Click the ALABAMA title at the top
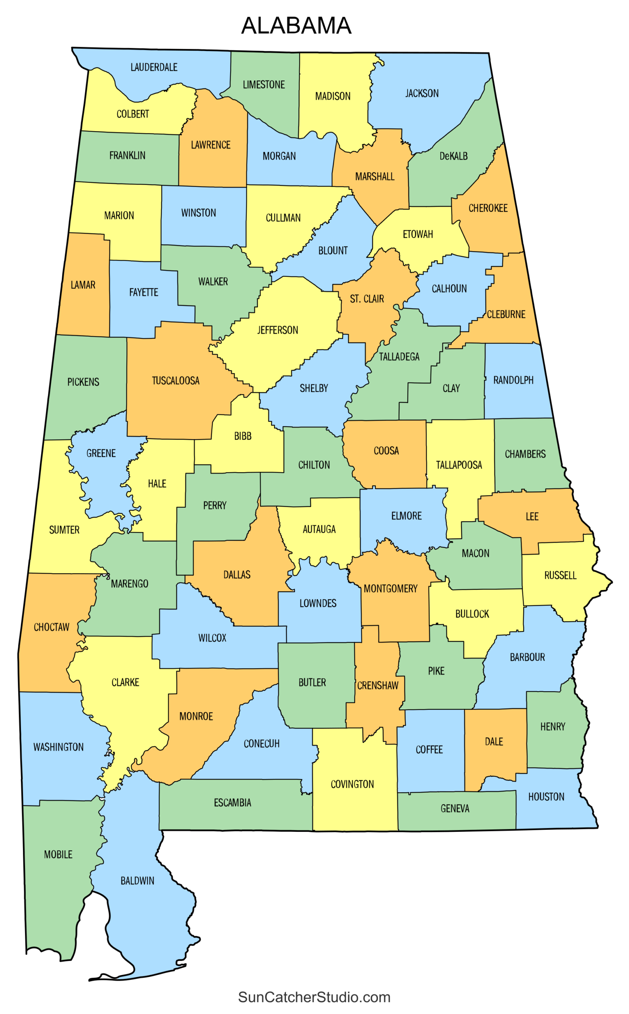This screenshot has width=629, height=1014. tap(296, 26)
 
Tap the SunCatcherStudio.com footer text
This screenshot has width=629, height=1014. tap(314, 997)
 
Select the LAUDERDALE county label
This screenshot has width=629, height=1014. tap(154, 67)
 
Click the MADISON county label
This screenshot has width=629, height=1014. tap(333, 97)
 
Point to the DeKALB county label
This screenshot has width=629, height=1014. tap(454, 156)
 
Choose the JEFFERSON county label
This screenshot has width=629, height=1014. tap(278, 330)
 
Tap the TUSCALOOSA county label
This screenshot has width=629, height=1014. tap(175, 381)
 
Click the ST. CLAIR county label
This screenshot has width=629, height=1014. tap(366, 299)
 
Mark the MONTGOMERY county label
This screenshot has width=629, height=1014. tap(390, 589)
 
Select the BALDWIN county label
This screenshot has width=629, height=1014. tap(137, 881)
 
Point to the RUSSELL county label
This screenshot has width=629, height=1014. tap(560, 575)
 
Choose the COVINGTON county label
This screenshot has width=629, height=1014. tap(352, 784)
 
